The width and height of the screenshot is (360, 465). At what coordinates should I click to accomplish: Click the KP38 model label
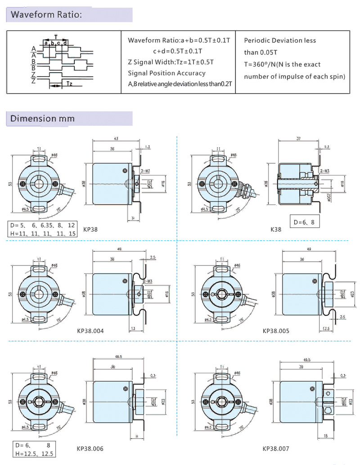pyautogui.click(x=90, y=229)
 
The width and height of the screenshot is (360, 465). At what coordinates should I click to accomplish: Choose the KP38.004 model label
pyautogui.click(x=90, y=331)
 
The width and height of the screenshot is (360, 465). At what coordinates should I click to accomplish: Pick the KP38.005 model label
pyautogui.click(x=276, y=331)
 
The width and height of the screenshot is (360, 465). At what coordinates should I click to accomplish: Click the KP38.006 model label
pyautogui.click(x=90, y=448)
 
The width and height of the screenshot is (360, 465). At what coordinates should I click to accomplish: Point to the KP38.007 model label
pyautogui.click(x=276, y=448)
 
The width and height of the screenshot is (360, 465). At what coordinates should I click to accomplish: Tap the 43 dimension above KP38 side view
pyautogui.click(x=116, y=138)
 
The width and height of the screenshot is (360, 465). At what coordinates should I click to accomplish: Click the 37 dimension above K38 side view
pyautogui.click(x=298, y=139)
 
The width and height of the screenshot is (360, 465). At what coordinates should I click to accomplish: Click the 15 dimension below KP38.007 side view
pyautogui.click(x=325, y=435)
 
